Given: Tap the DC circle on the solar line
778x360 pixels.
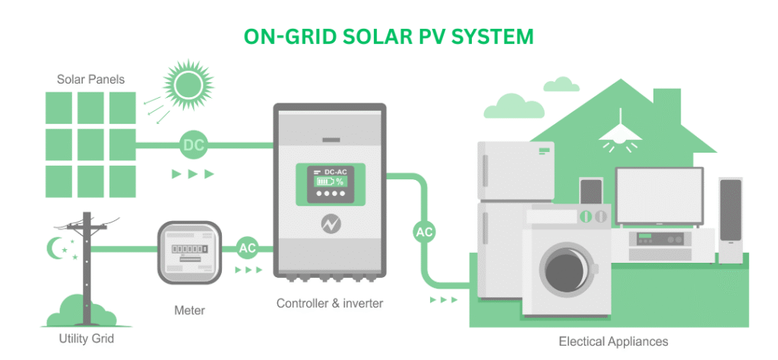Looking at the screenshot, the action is coord(194,145).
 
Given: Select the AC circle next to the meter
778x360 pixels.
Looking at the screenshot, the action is coord(247,248).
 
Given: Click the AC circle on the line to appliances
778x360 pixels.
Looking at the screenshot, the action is coord(424,232).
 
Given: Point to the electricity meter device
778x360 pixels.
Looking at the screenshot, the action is coord(189,252).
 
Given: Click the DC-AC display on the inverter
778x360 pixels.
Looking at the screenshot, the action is coord(331,185).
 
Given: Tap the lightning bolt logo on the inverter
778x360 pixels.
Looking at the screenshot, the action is coord(328,225).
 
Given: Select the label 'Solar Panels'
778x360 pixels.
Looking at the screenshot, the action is coord(91,79).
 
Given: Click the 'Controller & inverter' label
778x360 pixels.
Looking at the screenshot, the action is coord(330,303).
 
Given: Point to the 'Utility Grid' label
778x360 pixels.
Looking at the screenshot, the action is coord(87,339).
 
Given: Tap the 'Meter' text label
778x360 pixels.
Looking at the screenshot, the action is coord(189,311).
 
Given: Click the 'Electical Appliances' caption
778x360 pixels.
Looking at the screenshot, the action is coord(613,342).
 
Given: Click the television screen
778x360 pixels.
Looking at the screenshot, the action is coord(659,195).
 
